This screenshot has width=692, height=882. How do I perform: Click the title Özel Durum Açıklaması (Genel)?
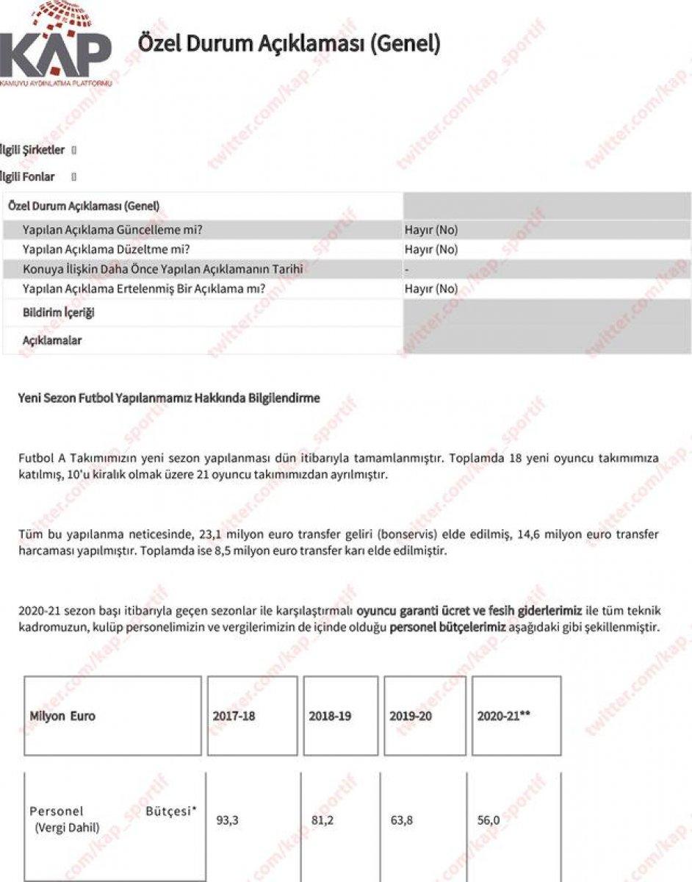(x=289, y=44)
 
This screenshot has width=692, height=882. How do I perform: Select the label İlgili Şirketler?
(x=33, y=150)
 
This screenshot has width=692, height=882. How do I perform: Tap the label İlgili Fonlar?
(x=28, y=176)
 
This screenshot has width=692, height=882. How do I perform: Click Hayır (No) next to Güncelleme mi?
(x=431, y=230)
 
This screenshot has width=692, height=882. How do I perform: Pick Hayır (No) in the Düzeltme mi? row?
(x=431, y=249)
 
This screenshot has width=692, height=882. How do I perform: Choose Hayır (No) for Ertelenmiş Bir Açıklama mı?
(x=431, y=289)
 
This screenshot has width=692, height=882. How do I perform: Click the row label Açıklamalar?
(x=52, y=341)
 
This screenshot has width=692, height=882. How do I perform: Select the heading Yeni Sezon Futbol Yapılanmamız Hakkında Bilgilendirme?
(x=169, y=398)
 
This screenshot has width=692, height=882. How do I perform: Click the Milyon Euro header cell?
(x=62, y=716)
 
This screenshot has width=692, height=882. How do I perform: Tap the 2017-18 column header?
(x=234, y=716)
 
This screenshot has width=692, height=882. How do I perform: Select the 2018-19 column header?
(x=330, y=716)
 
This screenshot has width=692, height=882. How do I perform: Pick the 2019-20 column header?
(x=411, y=716)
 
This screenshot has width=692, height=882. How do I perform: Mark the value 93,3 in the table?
(x=228, y=821)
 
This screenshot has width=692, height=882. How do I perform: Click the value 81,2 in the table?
(x=322, y=821)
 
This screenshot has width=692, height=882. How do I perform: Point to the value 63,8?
(x=403, y=821)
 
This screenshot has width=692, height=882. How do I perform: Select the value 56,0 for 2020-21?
(x=489, y=821)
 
